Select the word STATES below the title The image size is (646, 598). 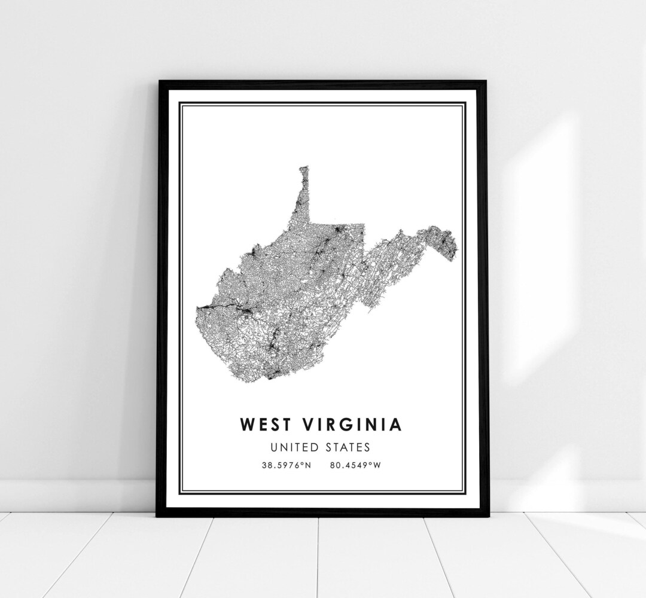(349, 447)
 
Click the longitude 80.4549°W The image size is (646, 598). (355, 465)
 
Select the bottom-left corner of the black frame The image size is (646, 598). (158, 515)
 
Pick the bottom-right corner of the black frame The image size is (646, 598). (488, 515)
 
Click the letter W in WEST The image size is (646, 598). (246, 425)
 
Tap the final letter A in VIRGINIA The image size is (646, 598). (395, 425)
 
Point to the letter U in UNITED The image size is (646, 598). (274, 447)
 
